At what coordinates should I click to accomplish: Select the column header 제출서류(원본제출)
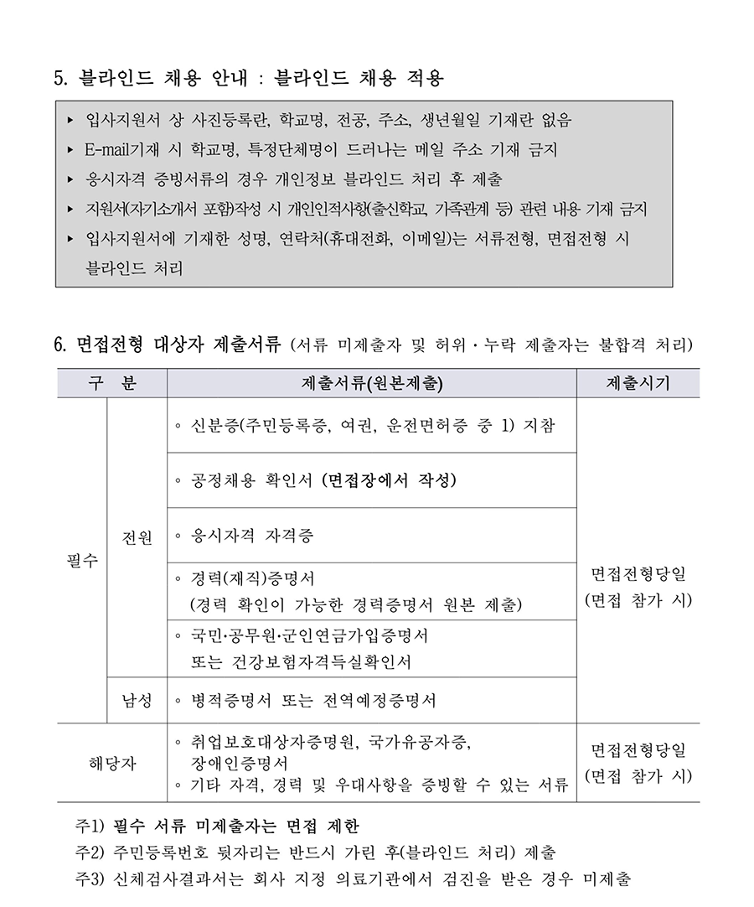pyautogui.click(x=371, y=384)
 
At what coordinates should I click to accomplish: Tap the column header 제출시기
pyautogui.click(x=638, y=384)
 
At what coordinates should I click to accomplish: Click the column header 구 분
pyautogui.click(x=112, y=384)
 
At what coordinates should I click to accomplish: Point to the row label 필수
pyautogui.click(x=82, y=559)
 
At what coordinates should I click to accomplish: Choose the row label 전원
pyautogui.click(x=137, y=536)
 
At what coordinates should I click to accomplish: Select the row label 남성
pyautogui.click(x=137, y=700)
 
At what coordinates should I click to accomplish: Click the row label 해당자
pyautogui.click(x=112, y=763)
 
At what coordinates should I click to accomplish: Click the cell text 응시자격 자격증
pyautogui.click(x=252, y=535)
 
